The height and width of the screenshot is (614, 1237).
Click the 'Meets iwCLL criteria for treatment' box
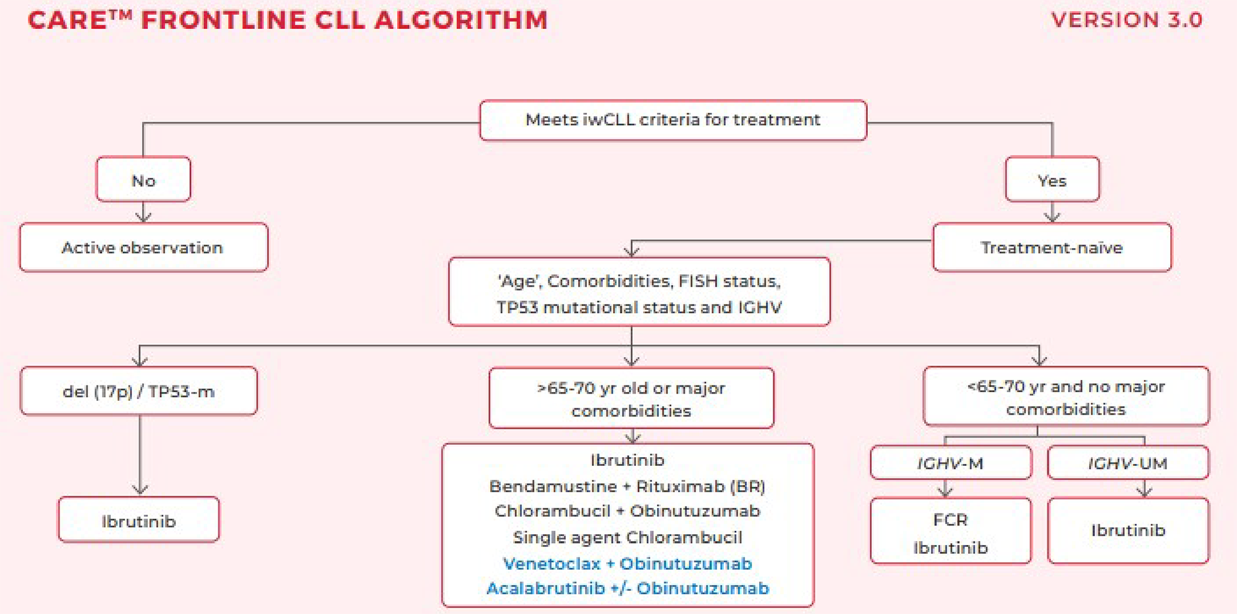click(x=673, y=120)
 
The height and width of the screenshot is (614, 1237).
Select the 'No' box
click(x=143, y=180)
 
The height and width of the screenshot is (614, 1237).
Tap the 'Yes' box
click(x=1052, y=180)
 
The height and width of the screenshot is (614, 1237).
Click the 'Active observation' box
click(x=143, y=247)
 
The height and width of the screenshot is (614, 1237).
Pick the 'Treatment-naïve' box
click(x=1052, y=247)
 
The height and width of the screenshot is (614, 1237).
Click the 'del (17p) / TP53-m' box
click(x=139, y=391)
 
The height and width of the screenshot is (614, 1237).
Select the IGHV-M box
click(x=950, y=463)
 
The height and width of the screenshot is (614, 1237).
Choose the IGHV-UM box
click(x=1127, y=463)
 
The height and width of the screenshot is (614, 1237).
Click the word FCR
click(x=950, y=519)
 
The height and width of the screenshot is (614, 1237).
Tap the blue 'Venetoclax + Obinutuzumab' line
click(x=627, y=563)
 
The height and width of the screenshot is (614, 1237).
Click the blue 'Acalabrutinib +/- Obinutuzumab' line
click(x=627, y=588)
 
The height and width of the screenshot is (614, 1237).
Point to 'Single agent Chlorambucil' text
click(x=627, y=538)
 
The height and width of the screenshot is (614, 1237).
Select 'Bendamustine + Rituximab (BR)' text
click(x=627, y=486)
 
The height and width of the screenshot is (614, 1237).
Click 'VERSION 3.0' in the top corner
click(x=1127, y=20)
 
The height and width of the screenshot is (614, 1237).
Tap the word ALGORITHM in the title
click(x=460, y=20)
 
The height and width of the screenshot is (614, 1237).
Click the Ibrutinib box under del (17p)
click(x=139, y=521)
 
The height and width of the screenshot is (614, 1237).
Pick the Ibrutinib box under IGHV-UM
click(x=1127, y=530)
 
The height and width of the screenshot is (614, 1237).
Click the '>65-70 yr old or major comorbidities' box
click(x=631, y=398)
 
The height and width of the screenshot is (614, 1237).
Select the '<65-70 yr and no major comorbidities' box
click(x=1065, y=397)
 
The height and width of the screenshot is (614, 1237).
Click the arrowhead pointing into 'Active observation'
click(x=143, y=217)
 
